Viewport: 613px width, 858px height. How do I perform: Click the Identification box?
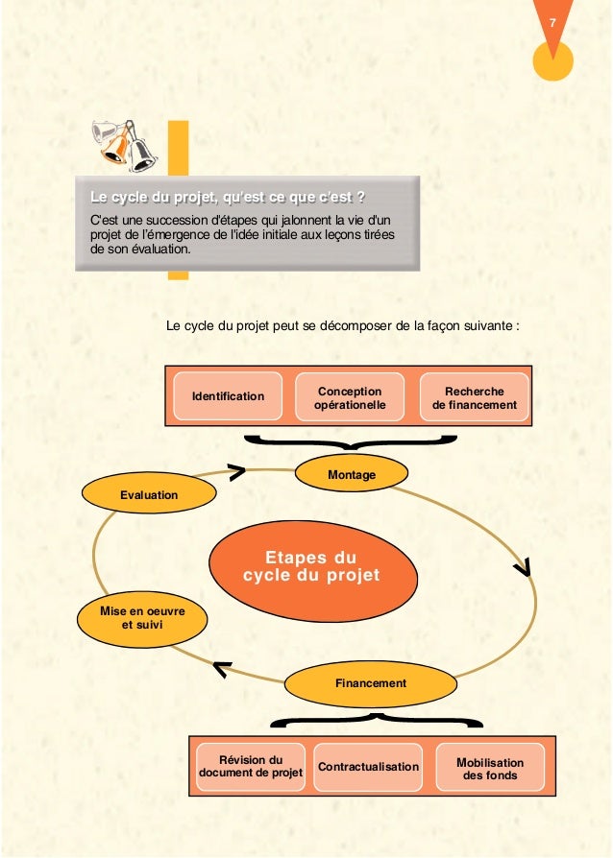(228, 396)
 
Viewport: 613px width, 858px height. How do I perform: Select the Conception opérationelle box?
(350, 397)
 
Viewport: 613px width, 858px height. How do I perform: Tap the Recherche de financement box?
(475, 397)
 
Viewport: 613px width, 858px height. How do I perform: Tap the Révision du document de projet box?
(250, 766)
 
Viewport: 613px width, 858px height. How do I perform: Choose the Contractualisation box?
(369, 767)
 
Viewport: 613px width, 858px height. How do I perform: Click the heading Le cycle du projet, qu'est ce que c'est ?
(227, 199)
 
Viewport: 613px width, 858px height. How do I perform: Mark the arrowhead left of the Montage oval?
(236, 470)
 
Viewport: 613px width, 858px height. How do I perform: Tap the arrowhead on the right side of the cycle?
(525, 568)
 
